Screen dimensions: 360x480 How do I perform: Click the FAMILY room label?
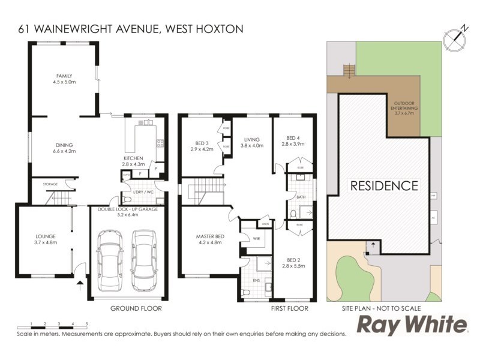pos(64,79)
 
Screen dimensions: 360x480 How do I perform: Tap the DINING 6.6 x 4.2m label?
pos(64,148)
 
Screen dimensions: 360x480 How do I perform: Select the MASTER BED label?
pos(209,241)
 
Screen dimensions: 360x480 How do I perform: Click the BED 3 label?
pos(202,146)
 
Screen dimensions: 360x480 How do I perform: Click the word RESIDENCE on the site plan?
pos(384,185)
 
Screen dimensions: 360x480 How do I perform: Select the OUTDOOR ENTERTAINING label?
pos(406,107)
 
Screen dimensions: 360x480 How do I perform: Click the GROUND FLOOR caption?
pos(136,308)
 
